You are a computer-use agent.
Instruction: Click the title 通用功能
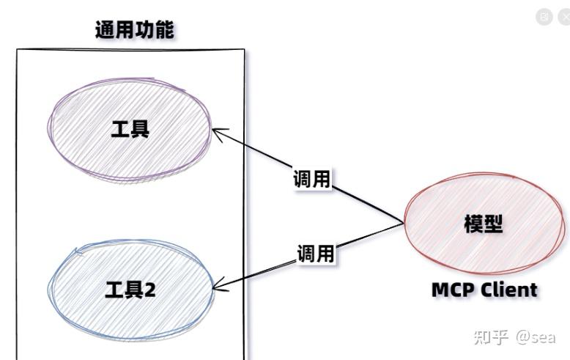click(x=135, y=30)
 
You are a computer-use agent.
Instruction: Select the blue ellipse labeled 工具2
click(x=130, y=290)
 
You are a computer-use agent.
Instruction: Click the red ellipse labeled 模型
click(x=484, y=224)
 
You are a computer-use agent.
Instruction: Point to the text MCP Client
click(x=484, y=290)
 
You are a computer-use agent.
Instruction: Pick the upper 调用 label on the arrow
click(x=312, y=179)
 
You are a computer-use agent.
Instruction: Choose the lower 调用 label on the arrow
click(x=316, y=254)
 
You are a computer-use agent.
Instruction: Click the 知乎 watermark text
click(x=491, y=337)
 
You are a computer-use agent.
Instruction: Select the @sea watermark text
click(x=536, y=337)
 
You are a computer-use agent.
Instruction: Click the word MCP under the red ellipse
click(x=454, y=290)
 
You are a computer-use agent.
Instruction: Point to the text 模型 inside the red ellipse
click(x=484, y=224)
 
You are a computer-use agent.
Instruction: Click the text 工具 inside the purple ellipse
click(x=130, y=129)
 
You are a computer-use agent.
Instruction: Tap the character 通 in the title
click(x=105, y=30)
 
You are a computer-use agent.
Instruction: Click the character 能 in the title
click(x=164, y=30)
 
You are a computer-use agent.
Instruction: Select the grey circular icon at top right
click(x=544, y=16)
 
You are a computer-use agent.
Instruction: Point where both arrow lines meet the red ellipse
click(x=404, y=223)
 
